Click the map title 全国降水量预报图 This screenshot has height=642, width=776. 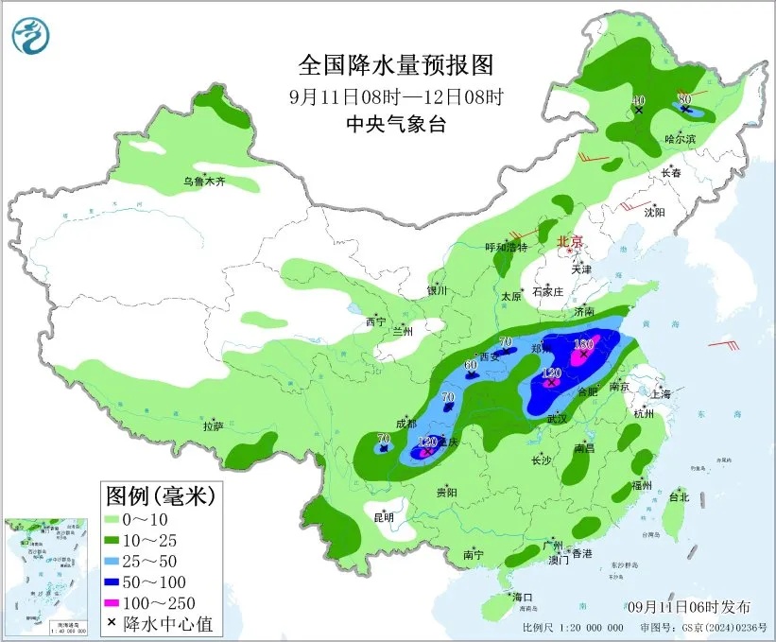pos(396,65)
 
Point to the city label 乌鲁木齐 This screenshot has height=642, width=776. pos(205,182)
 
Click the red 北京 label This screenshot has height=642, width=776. pos(571,240)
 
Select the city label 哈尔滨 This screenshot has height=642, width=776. pos(679,139)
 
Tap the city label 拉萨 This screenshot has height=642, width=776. pos(213,426)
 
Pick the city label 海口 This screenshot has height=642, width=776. pos(523,597)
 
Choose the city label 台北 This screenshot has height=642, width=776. pos(679,496)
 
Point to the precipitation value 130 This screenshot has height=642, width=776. pos(583,343)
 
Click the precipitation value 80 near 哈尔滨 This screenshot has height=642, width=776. pos(685,98)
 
